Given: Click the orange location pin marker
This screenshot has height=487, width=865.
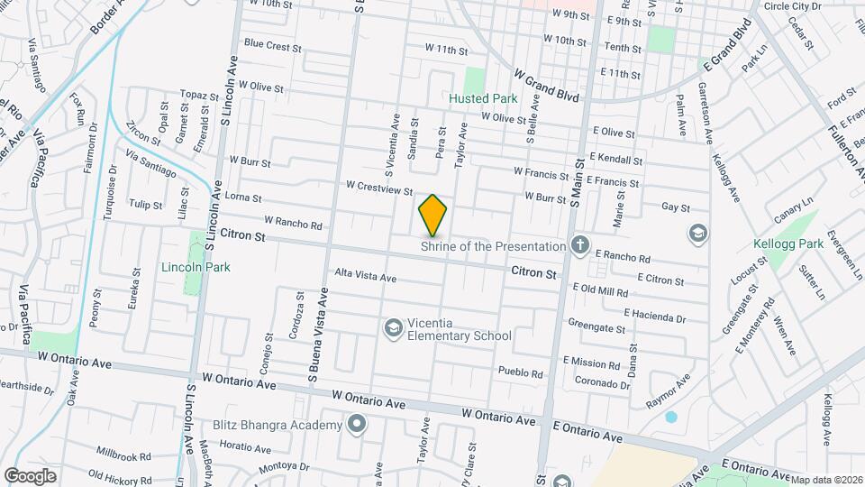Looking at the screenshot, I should pyautogui.click(x=432, y=215).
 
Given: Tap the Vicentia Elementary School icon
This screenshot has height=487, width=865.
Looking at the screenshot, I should pyautogui.click(x=392, y=328).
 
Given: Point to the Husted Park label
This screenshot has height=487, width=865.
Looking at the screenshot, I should pyautogui.click(x=483, y=98).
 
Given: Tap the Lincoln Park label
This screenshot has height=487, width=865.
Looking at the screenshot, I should pyautogui.click(x=196, y=267).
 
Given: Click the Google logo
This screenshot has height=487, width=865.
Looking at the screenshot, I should pyautogui.click(x=31, y=475).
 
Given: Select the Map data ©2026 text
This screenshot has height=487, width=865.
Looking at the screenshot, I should pyautogui.click(x=826, y=480).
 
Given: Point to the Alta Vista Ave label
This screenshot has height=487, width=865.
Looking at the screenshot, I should pyautogui.click(x=365, y=276).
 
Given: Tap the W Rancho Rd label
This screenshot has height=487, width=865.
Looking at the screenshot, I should pyautogui.click(x=293, y=221).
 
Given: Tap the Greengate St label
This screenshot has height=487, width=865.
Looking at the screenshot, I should pyautogui.click(x=596, y=324).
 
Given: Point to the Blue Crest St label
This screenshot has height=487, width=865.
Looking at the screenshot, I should pyautogui.click(x=271, y=44).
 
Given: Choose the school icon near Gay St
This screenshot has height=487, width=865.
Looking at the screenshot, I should pyautogui.click(x=697, y=234).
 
